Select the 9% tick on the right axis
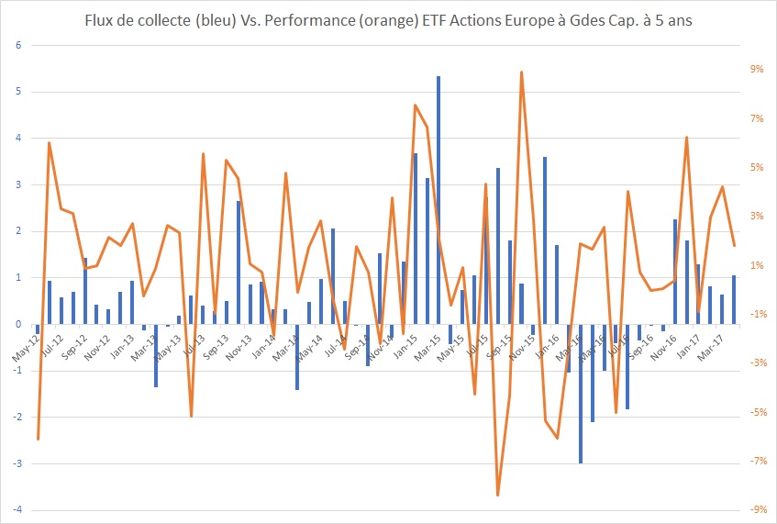(758, 69)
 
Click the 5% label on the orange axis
(758, 167)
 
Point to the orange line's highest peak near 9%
(522, 72)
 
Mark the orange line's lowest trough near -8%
(498, 495)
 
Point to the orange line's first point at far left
(38, 439)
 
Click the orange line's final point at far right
(734, 245)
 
